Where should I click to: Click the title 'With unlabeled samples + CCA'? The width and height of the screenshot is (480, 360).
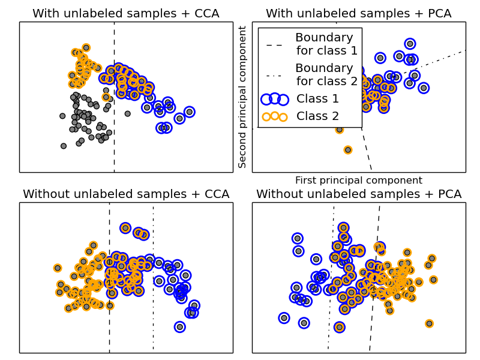126,13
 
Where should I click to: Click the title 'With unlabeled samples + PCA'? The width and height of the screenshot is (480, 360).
359,13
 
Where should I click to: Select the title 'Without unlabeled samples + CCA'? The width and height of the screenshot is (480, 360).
126,194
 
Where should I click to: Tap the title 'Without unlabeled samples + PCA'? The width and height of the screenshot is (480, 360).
359,194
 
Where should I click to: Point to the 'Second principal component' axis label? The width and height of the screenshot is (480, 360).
243,97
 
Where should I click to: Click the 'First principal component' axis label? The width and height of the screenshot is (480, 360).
359,180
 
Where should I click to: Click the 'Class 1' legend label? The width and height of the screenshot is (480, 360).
318,98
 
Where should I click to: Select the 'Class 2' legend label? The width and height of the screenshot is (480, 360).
318,116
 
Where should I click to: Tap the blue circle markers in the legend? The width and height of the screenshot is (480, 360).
275,98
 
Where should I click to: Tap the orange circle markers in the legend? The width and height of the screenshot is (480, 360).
275,116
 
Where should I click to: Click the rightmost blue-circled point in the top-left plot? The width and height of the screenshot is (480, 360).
189,112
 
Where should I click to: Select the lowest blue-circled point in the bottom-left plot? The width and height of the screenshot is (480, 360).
179,326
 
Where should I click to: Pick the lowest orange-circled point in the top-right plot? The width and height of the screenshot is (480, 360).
348,149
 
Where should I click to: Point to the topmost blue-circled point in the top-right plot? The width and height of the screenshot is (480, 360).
410,43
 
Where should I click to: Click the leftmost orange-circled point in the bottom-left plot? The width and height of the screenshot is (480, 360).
58,268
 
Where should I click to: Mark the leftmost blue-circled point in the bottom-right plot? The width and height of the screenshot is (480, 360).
284,317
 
